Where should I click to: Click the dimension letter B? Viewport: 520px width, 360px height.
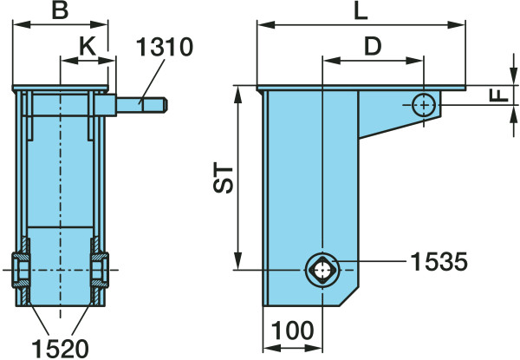(60, 11)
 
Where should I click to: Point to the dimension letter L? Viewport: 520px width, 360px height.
(361, 11)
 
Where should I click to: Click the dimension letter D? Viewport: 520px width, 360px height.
(373, 47)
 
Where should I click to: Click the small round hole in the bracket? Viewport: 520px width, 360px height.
(423, 105)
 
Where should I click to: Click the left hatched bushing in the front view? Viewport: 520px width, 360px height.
(23, 270)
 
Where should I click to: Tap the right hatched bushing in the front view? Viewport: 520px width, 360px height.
(100, 270)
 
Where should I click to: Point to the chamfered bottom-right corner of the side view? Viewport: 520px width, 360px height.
(354, 292)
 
